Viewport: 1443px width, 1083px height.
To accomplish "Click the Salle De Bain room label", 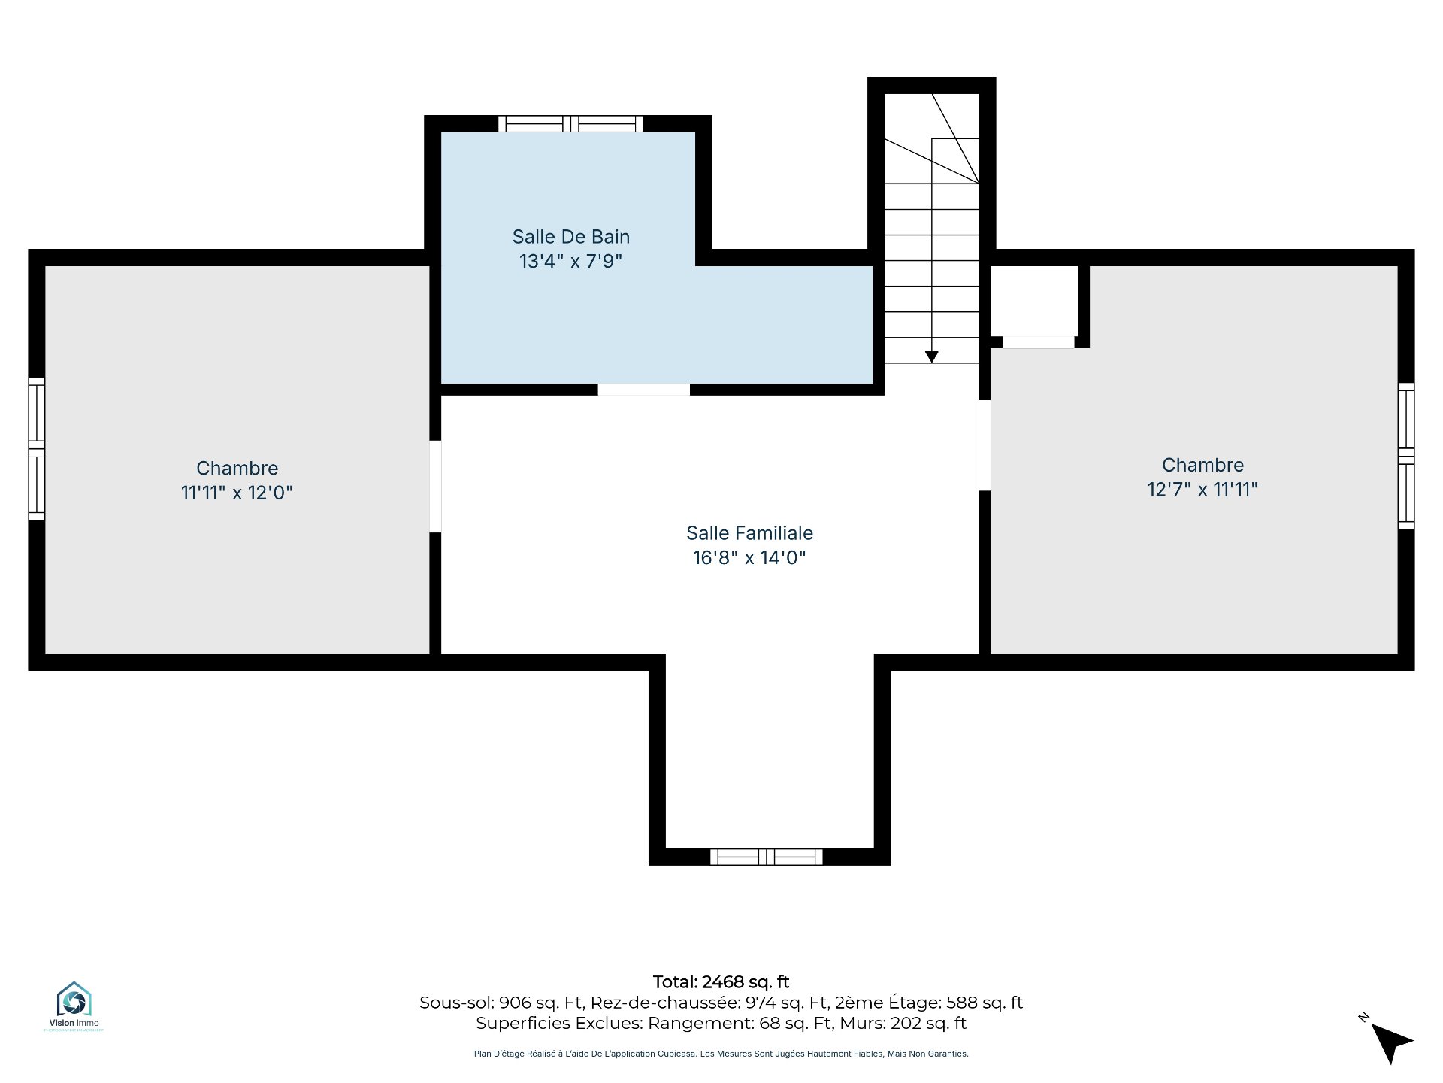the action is tap(571, 237).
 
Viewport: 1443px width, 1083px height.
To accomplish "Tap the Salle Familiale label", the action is tap(749, 533).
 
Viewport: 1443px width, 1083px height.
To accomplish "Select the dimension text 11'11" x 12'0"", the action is tap(237, 493).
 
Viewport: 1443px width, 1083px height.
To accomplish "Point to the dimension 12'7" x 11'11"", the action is tap(1202, 490).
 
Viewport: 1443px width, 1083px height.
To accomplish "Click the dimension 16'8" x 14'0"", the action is tap(749, 557).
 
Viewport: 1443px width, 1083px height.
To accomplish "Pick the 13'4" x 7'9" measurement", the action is tap(571, 261).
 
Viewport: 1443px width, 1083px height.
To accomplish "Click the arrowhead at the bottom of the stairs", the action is tap(932, 357).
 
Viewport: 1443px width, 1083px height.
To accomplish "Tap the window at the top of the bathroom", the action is tap(571, 123).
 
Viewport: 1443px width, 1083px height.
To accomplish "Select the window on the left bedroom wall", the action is tap(37, 448).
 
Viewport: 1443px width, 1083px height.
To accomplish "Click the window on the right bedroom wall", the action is tap(1406, 456).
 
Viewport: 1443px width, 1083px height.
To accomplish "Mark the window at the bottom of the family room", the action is tap(767, 857).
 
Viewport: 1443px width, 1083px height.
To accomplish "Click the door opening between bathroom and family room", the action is tap(644, 390).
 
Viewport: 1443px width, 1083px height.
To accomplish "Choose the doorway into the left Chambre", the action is tap(435, 487).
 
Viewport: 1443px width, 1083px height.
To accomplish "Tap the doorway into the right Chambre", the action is tap(985, 445).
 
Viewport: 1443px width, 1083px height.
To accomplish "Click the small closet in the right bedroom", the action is tap(1034, 301).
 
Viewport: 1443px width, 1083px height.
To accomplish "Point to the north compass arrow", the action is tap(1391, 1042).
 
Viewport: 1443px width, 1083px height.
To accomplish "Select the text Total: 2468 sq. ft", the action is tap(721, 982).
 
